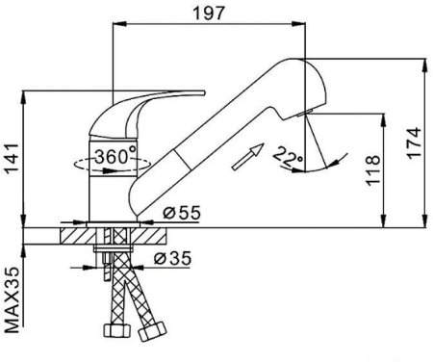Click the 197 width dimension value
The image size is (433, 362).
[209, 13]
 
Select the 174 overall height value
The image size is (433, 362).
[414, 142]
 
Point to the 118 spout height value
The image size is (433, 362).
[372, 170]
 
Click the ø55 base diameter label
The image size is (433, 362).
[182, 213]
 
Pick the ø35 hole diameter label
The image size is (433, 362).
[172, 258]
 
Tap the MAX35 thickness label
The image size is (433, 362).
[13, 300]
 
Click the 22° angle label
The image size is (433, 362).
[287, 157]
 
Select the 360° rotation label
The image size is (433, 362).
[115, 156]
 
